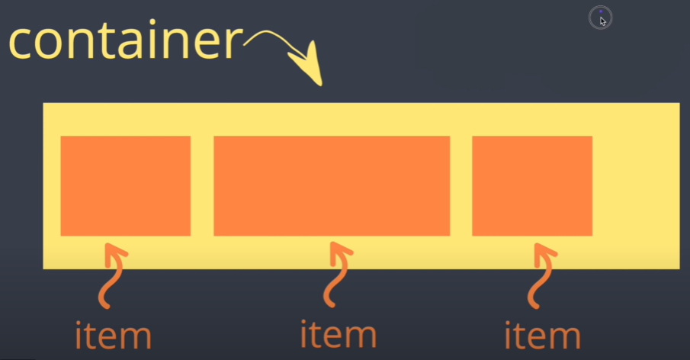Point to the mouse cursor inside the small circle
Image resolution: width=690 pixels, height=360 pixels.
click(x=602, y=20)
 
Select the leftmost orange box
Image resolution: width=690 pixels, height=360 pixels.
click(x=125, y=185)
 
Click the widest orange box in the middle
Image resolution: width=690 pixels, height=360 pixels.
click(x=332, y=185)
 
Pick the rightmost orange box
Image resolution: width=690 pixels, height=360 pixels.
click(x=532, y=185)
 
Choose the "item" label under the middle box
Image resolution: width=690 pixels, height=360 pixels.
click(x=338, y=333)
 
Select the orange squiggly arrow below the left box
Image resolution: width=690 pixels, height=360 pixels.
click(x=114, y=275)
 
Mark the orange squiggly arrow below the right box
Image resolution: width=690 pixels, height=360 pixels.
click(x=542, y=274)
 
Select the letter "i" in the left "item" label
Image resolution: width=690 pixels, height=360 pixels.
click(x=80, y=334)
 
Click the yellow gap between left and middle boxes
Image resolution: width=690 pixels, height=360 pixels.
click(x=202, y=185)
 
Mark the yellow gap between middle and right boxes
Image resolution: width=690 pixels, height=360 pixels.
click(x=461, y=185)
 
